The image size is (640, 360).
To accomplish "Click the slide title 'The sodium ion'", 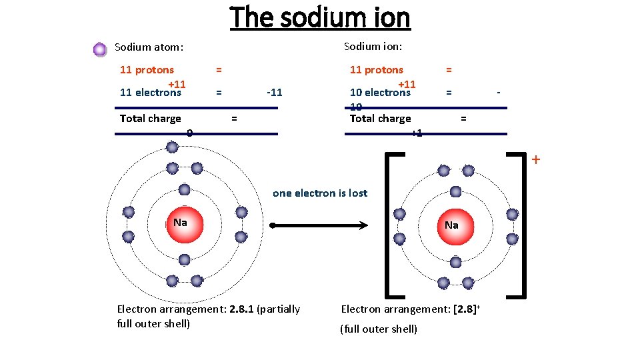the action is (320, 18).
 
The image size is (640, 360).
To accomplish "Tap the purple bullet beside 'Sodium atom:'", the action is (100, 49).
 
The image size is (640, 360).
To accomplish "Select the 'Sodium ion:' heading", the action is (373, 46).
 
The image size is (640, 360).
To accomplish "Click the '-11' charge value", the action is (274, 93).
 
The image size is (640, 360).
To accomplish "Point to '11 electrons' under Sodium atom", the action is (150, 93).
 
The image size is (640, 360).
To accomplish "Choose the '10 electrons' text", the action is (380, 93).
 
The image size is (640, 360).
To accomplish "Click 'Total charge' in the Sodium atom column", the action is (150, 119).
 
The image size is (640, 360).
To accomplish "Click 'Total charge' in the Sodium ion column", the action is (380, 119).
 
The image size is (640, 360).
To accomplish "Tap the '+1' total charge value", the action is (416, 133).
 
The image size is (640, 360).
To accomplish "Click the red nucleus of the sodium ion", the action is (452, 225).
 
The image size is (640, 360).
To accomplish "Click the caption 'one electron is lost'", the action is (320, 193).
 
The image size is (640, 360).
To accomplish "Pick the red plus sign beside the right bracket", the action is (535, 160).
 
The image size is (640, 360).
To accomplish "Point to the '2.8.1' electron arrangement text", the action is (245, 309).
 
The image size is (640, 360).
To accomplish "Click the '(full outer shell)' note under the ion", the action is (379, 329).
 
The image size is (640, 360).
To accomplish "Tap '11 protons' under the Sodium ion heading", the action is (377, 70).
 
